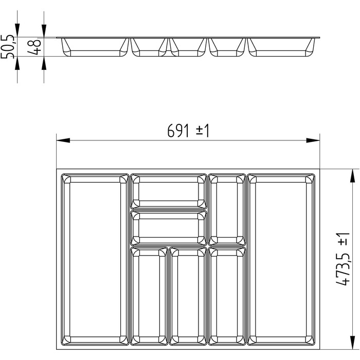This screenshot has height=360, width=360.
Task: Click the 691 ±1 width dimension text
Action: (x=188, y=131)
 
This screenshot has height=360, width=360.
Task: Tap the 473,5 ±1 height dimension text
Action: (x=343, y=259)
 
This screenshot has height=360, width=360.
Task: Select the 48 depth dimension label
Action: (x=34, y=47)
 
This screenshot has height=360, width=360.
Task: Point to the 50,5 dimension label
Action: (x=7, y=47)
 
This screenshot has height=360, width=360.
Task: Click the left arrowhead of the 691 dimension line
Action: (x=63, y=140)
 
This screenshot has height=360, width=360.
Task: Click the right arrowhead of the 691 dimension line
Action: (x=313, y=140)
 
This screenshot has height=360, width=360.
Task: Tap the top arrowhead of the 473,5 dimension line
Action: (x=352, y=176)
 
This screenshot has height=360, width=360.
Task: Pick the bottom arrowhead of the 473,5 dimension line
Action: (x=352, y=343)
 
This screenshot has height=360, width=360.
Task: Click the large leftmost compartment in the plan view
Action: (x=95, y=259)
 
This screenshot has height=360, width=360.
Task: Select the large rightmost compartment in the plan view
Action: (x=281, y=259)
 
